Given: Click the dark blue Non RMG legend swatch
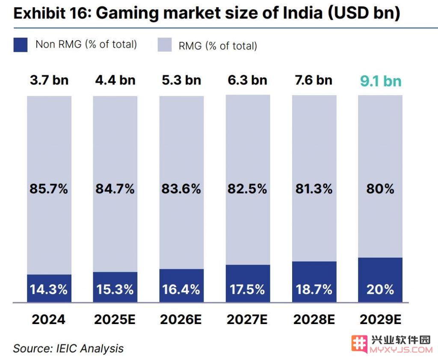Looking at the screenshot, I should (21, 45).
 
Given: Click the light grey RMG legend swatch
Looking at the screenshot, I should (164, 45).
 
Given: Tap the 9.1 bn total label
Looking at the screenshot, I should (380, 81).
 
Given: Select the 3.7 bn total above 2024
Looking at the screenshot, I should (49, 80).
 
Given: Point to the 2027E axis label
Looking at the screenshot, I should (248, 319).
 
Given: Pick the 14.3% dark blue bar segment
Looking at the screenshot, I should (49, 289).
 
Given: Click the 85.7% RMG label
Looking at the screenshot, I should (49, 189).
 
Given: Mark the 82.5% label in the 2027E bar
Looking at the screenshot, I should (248, 189).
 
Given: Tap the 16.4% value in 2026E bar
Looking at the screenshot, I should (181, 289).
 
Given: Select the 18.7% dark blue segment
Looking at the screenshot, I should (314, 289).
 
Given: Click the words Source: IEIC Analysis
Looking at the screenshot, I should (68, 348).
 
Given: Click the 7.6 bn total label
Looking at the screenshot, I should (314, 80).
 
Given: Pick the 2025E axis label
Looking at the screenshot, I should (115, 319).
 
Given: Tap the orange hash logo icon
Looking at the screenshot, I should (360, 344).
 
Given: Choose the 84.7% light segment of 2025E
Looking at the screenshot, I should (115, 189).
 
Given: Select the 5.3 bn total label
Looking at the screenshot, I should (181, 80).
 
